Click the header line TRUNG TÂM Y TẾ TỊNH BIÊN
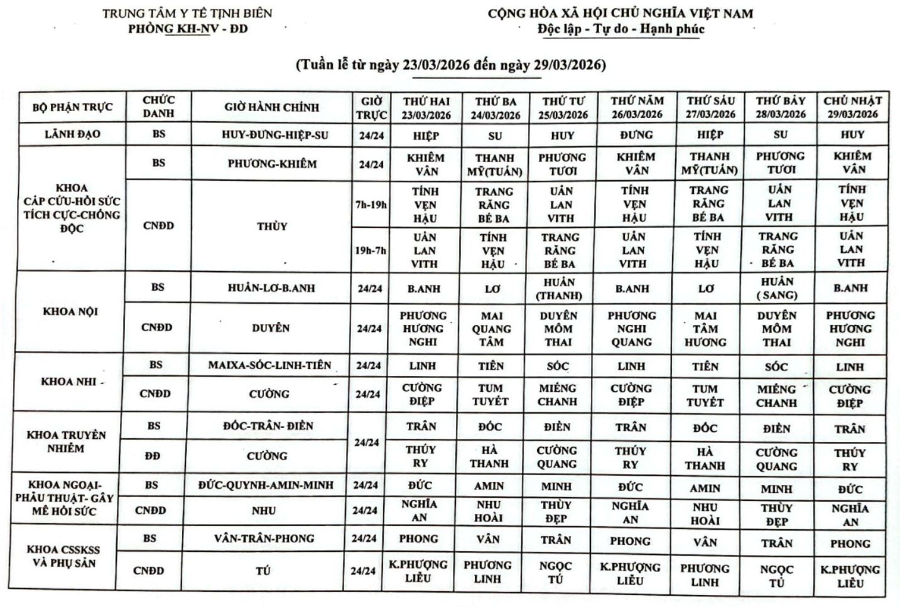click(187, 13)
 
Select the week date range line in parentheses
click(450, 65)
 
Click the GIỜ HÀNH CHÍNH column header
click(271, 107)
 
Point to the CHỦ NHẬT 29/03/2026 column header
click(852, 107)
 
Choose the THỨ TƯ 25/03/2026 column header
click(563, 107)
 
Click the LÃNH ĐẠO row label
click(72, 134)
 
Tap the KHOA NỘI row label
click(70, 311)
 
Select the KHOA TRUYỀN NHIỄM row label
click(66, 441)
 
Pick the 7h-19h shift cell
click(371, 205)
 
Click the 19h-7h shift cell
click(371, 250)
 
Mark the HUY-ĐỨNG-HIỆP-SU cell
click(274, 135)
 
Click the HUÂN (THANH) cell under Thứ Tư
click(559, 288)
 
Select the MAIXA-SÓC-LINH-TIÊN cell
click(269, 365)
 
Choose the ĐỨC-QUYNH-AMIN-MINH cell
click(266, 485)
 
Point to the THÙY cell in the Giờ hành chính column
click(271, 227)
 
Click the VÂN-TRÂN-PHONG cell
click(264, 539)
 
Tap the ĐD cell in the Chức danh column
click(152, 456)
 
